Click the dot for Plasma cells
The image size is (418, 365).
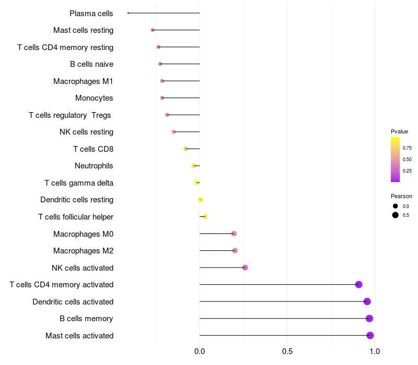(128, 13)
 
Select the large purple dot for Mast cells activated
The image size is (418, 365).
(370, 335)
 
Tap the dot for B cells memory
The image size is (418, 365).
(369, 319)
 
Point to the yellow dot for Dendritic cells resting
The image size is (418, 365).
(200, 200)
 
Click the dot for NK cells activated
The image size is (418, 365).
(245, 267)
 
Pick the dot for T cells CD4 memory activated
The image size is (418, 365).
(358, 285)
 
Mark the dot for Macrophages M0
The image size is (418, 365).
(234, 234)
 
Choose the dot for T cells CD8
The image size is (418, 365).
(185, 149)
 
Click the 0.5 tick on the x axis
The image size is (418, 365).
(287, 351)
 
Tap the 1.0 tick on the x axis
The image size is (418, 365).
(375, 351)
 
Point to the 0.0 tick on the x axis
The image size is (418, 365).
(200, 351)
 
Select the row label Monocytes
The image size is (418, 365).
(94, 98)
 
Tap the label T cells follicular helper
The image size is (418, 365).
(76, 217)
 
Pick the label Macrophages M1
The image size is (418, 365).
(83, 81)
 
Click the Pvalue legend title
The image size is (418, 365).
(399, 131)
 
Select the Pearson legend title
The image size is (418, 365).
(401, 196)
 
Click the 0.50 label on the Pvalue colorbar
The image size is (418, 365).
(407, 159)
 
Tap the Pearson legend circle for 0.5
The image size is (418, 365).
(396, 215)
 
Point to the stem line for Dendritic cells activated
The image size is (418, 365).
(282, 301)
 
